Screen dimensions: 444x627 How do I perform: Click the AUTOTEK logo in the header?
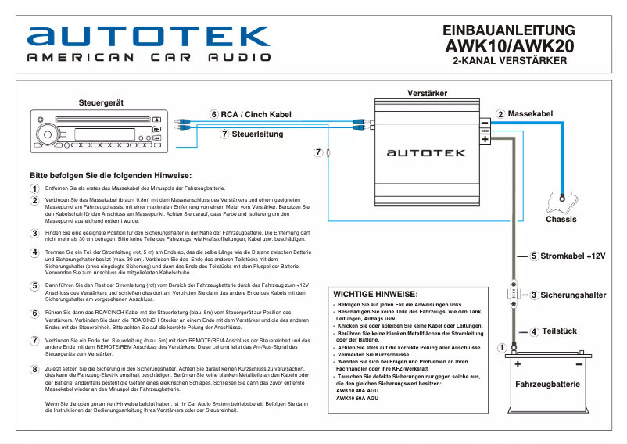click(148, 36)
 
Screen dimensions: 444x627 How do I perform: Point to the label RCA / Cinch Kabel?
click(256, 114)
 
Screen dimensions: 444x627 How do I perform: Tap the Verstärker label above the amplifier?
click(428, 94)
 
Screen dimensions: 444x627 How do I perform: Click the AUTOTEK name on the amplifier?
click(427, 155)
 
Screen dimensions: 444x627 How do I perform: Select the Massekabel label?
click(530, 114)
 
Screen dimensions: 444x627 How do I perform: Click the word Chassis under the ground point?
click(561, 220)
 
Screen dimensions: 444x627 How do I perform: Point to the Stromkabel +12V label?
click(572, 256)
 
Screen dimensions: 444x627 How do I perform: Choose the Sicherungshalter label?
click(573, 295)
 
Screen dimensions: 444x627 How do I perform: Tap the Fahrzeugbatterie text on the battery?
click(547, 385)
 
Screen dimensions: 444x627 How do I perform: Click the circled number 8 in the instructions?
click(34, 370)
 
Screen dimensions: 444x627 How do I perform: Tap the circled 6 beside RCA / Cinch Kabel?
click(214, 114)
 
